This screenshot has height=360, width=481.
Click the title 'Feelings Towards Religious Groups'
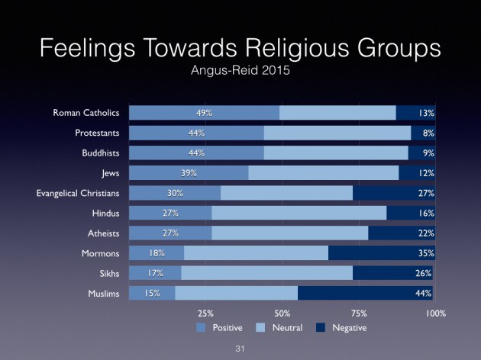(x=240, y=49)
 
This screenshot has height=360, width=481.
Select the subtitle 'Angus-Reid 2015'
(x=240, y=73)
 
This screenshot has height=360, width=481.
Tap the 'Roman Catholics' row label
(x=86, y=113)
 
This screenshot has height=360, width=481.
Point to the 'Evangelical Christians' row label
(x=78, y=193)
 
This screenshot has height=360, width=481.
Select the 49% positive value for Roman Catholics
(x=204, y=113)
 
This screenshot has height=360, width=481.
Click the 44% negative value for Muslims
(x=425, y=293)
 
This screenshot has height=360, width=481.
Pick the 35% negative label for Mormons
(x=425, y=253)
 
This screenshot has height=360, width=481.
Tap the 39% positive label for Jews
(x=189, y=173)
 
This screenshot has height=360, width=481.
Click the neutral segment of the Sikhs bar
(x=266, y=273)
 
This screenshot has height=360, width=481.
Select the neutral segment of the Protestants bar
(x=337, y=133)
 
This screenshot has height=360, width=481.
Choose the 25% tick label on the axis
(x=205, y=313)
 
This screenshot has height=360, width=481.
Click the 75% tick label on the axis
(x=359, y=313)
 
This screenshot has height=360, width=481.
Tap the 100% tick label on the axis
(x=435, y=313)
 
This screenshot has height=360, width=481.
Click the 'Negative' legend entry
(x=349, y=328)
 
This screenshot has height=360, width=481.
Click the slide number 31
(x=240, y=348)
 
